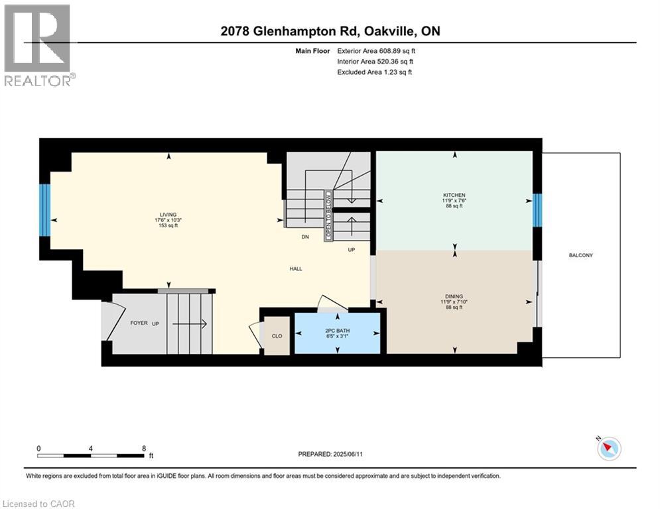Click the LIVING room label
[x=168, y=215]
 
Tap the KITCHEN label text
[x=454, y=196]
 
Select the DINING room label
[x=454, y=296]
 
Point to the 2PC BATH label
[x=338, y=331]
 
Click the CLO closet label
[x=277, y=336]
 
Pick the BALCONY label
[x=581, y=255]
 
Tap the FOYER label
[x=139, y=323]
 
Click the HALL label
[x=296, y=269]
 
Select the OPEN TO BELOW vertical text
[x=328, y=216]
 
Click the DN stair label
[x=305, y=237]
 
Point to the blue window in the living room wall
[x=45, y=210]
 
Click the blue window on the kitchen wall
[x=537, y=210]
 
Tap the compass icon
[x=609, y=449]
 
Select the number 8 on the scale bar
[x=144, y=449]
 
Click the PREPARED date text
[x=330, y=454]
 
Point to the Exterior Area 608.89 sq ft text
[x=376, y=51]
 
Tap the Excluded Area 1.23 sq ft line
[x=375, y=72]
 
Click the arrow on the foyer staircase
[x=190, y=324]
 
